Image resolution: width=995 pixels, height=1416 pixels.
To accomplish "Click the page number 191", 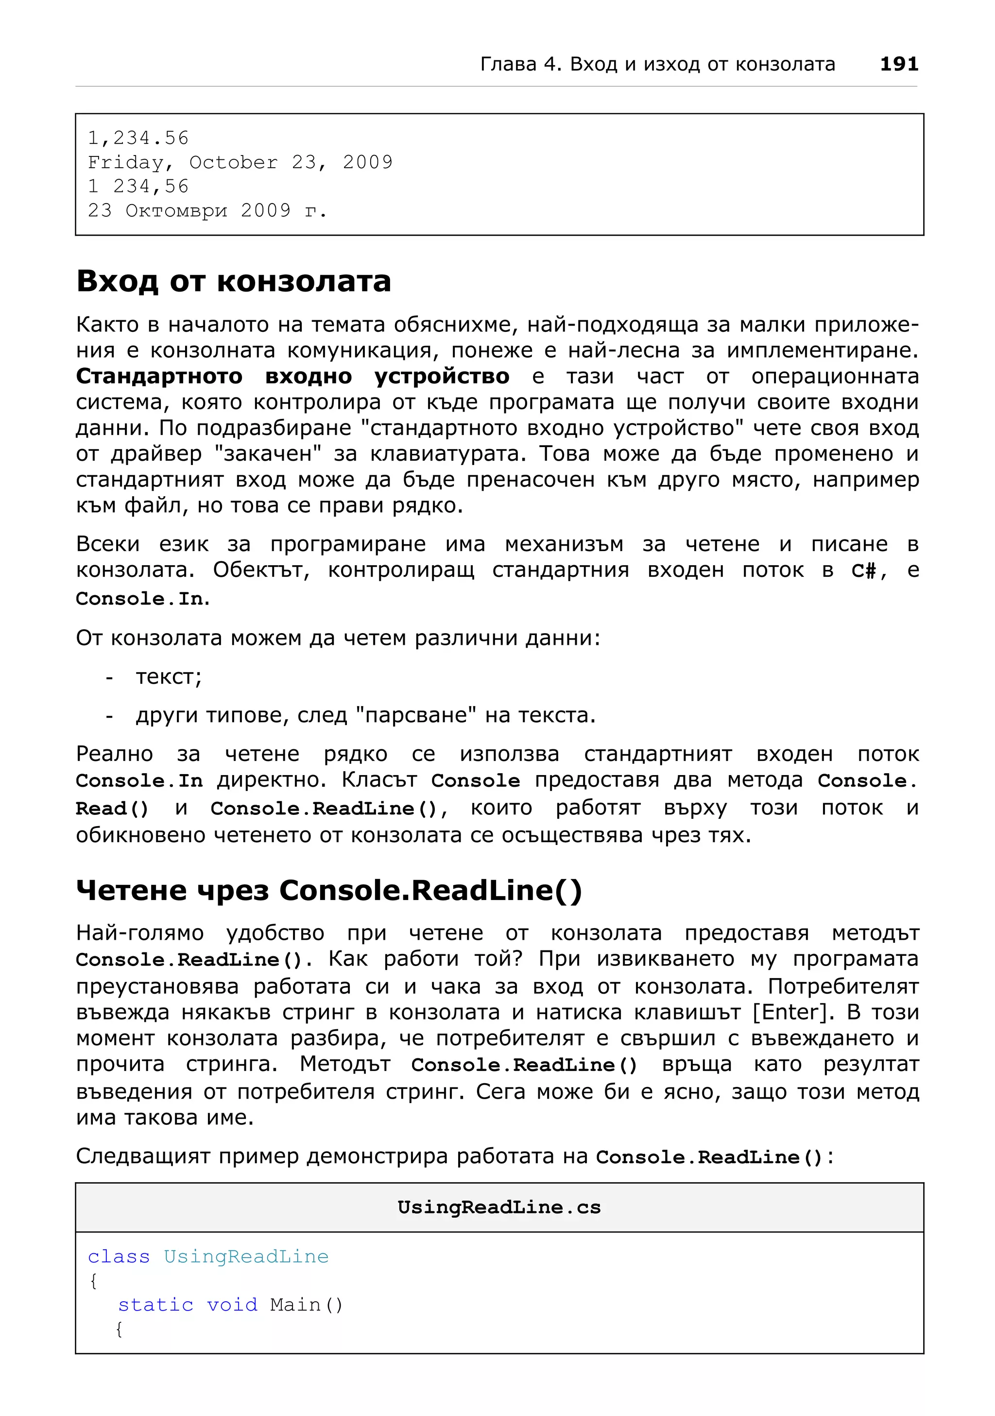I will tap(898, 64).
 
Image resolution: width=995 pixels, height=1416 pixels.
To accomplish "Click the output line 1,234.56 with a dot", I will tap(138, 138).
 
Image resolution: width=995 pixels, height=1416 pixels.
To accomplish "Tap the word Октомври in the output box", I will tap(176, 210).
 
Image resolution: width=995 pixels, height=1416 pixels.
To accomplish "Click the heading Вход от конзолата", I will tap(234, 281).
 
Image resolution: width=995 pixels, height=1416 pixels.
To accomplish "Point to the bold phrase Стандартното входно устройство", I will tap(292, 376).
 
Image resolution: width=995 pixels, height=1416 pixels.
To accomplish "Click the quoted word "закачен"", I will tap(268, 453).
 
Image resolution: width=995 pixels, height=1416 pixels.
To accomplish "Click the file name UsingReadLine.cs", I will tap(499, 1207).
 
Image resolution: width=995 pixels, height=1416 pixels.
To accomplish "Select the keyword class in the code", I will tap(119, 1256).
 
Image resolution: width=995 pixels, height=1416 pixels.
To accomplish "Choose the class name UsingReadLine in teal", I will tap(246, 1256).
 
